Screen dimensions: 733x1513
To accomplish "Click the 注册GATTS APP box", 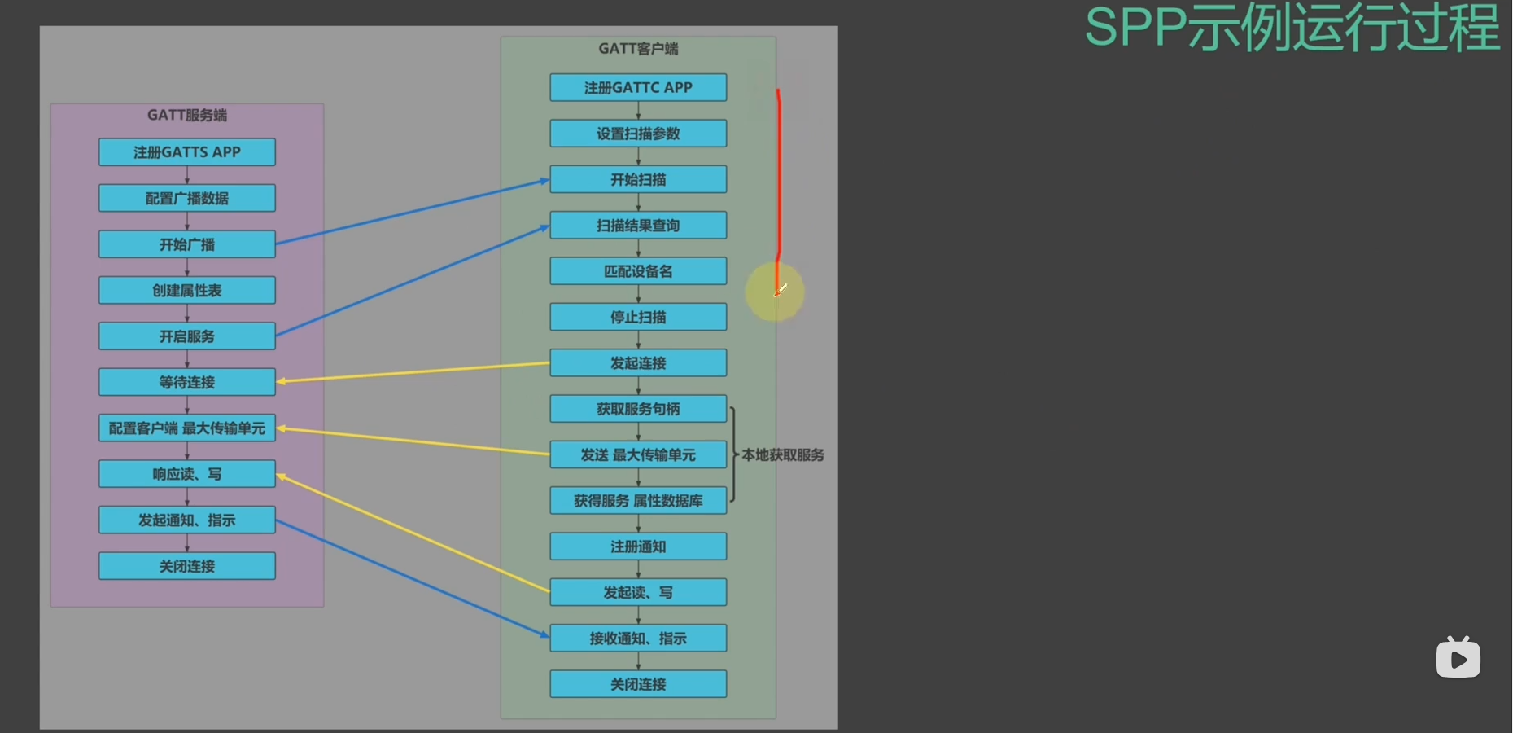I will [x=187, y=152].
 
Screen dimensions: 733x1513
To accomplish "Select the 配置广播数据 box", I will [x=187, y=198].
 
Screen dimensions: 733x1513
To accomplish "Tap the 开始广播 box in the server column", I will [x=187, y=244].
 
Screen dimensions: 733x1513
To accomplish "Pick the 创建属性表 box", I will [x=187, y=290].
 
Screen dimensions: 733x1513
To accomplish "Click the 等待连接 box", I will [x=187, y=382].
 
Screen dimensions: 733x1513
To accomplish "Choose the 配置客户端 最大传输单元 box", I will [x=187, y=428].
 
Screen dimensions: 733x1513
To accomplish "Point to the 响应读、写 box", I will [x=187, y=474].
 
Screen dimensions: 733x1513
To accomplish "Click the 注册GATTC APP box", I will [x=638, y=87].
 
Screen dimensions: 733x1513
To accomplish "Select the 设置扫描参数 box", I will [x=638, y=134].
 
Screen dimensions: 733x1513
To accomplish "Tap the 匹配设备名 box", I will [x=638, y=271].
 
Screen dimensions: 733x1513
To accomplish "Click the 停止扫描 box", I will [x=638, y=317].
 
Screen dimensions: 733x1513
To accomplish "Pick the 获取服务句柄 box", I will [x=638, y=409].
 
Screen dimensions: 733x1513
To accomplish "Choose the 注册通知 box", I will [x=638, y=546].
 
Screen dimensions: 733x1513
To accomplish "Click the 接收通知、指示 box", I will [x=638, y=639].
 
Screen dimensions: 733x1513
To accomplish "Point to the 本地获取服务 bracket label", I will [x=783, y=455].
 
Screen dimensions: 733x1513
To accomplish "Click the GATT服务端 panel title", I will [x=187, y=115].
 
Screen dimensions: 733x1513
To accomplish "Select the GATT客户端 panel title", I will [x=638, y=49].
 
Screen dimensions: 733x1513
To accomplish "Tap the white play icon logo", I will [x=1458, y=657].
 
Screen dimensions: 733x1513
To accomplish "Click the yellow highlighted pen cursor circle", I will [x=775, y=292].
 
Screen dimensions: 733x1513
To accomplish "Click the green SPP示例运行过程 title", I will [x=1292, y=29].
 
